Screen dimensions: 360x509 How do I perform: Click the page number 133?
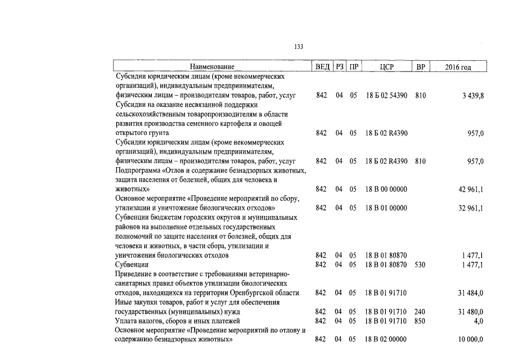pyautogui.click(x=299, y=47)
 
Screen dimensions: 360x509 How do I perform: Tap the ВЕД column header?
pyautogui.click(x=322, y=67)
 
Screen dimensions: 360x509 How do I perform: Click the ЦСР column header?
pyautogui.click(x=386, y=67)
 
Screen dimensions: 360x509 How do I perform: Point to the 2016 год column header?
pyautogui.click(x=458, y=67)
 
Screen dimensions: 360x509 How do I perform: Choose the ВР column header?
pyautogui.click(x=420, y=67)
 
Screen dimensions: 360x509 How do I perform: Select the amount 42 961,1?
pyautogui.click(x=471, y=190)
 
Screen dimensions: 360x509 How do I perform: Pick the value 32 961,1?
pyautogui.click(x=471, y=208)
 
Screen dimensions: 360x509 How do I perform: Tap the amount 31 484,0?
pyautogui.click(x=471, y=293)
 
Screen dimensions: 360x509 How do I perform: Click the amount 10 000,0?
pyautogui.click(x=471, y=340)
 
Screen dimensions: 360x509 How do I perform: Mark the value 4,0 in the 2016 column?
pyautogui.click(x=479, y=321)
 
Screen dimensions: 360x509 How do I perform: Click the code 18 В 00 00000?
pyautogui.click(x=386, y=190)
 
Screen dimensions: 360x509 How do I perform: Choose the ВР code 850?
pyautogui.click(x=420, y=321)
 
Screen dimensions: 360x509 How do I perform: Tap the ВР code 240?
pyautogui.click(x=420, y=312)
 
